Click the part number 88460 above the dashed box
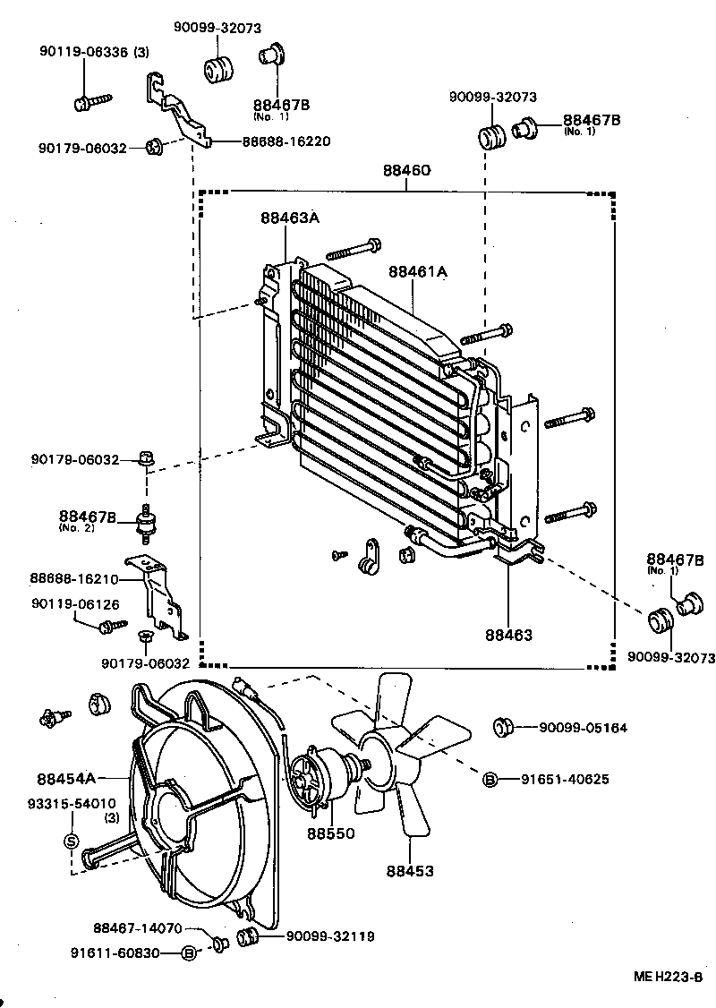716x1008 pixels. tap(406, 171)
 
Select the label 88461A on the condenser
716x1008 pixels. tap(417, 271)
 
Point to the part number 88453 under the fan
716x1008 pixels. tap(410, 870)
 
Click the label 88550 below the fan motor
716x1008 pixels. tap(331, 833)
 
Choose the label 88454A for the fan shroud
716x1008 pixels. tap(66, 778)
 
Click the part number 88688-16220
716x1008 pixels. tap(286, 141)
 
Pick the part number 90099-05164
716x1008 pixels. tap(583, 728)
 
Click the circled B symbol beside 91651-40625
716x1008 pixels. tap(490, 779)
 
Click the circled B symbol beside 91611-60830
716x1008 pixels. tap(188, 953)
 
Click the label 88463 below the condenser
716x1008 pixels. tap(509, 635)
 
